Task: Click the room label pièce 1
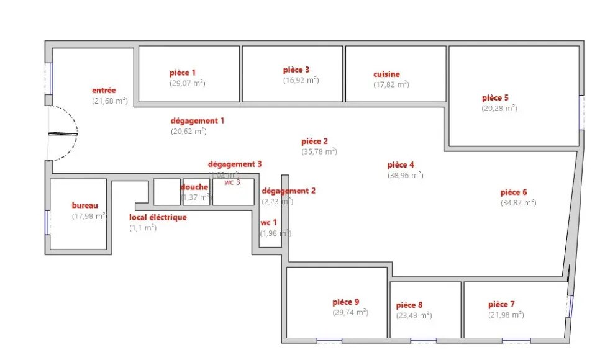[x=183, y=73]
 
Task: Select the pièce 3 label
[x=296, y=70]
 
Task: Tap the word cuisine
[x=386, y=74]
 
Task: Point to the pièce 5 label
[x=495, y=97]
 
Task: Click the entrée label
[x=104, y=91]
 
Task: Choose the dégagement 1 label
[x=198, y=120]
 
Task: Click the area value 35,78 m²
[x=319, y=151]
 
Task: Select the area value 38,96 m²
[x=405, y=175]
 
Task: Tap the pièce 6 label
[x=514, y=192]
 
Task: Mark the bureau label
[x=85, y=205]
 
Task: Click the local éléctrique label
[x=158, y=217]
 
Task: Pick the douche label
[x=194, y=187]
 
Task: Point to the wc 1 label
[x=269, y=222]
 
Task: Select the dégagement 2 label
[x=288, y=191]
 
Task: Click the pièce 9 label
[x=346, y=302]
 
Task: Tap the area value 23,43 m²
[x=414, y=315]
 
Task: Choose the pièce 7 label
[x=501, y=304]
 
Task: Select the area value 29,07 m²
[x=188, y=83]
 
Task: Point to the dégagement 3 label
[x=234, y=164]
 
